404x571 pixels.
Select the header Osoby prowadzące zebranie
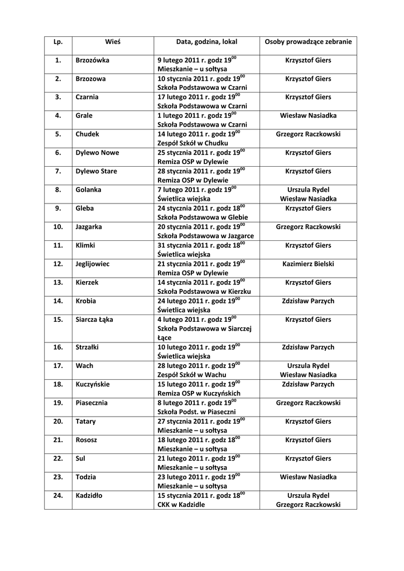[308, 42]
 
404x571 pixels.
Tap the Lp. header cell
[58, 42]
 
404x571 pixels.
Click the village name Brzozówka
[93, 60]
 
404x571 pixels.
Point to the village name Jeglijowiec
[94, 264]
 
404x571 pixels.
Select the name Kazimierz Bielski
[308, 264]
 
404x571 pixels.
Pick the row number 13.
[58, 283]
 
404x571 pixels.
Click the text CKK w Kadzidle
[181, 505]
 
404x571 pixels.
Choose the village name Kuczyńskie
[93, 384]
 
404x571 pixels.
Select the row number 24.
[58, 495]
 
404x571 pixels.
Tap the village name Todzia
[86, 477]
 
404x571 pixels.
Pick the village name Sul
[81, 458]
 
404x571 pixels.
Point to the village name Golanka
[88, 190]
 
